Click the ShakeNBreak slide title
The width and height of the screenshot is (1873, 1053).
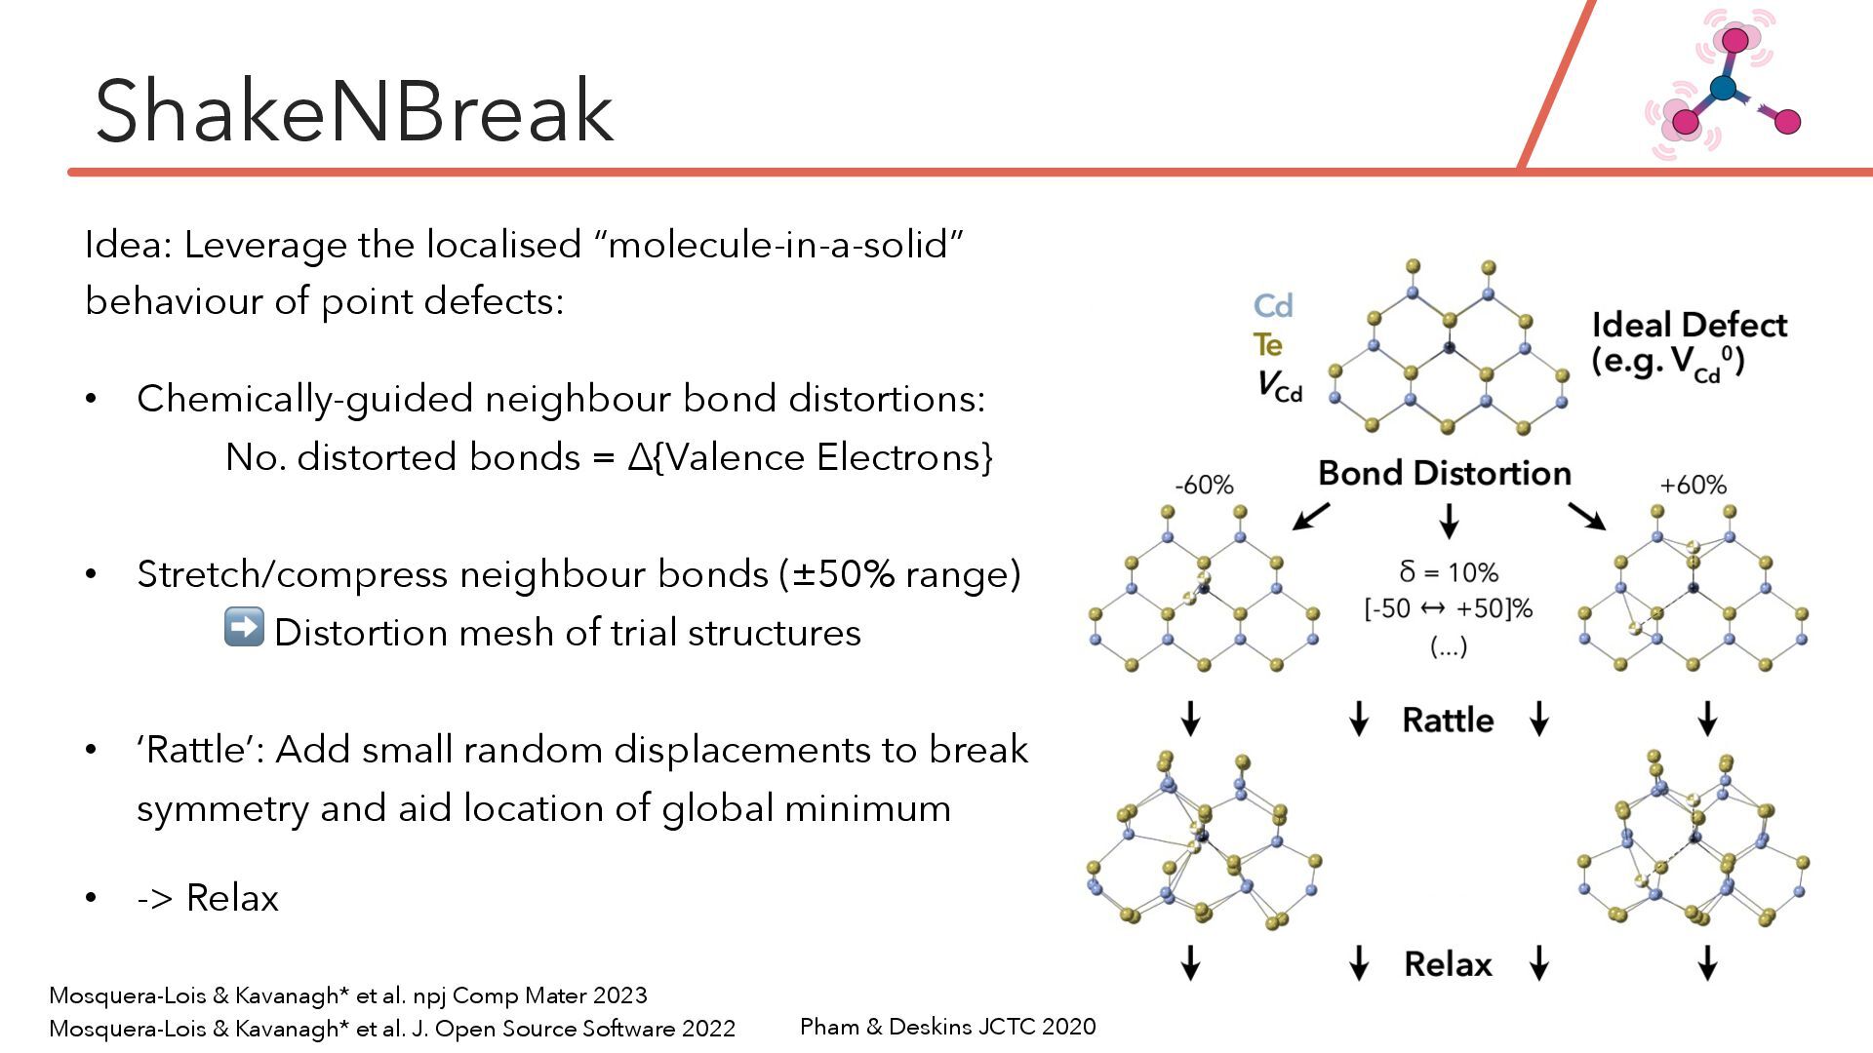coord(354,111)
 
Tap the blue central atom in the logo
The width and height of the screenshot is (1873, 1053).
coord(1724,89)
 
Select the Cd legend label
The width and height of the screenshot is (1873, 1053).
coord(1273,306)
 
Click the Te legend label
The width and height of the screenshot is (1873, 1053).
coord(1268,345)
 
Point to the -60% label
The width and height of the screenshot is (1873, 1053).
coord(1204,485)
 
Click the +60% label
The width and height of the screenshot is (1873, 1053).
coord(1693,485)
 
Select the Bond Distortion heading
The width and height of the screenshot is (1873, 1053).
coord(1445,474)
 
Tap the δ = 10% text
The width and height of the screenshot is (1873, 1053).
coord(1449,572)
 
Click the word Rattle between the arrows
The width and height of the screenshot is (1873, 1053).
coord(1448,721)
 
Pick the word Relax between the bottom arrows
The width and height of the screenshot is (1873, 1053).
coord(1448,964)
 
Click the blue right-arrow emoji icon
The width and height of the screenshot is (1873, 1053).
coord(244,627)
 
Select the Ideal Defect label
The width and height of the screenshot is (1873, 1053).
coord(1689,325)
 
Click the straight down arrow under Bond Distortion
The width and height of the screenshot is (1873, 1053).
coord(1449,521)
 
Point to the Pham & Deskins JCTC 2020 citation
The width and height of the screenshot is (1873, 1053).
coord(947,1027)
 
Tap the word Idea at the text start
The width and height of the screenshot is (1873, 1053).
coord(128,245)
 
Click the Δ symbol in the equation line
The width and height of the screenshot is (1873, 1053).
coord(640,457)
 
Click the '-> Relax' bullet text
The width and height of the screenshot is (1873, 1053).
coord(208,898)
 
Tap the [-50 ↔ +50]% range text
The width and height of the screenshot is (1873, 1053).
coord(1448,609)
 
